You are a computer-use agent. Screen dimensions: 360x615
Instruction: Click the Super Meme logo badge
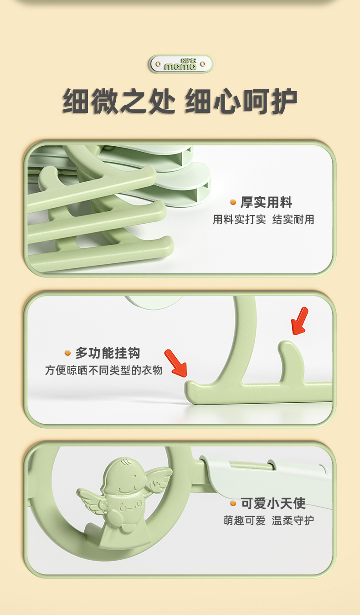click(181, 64)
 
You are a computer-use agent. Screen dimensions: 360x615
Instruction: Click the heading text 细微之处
click(119, 101)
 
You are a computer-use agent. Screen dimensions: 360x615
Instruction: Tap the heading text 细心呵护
click(241, 101)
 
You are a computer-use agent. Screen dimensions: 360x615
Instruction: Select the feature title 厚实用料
click(266, 202)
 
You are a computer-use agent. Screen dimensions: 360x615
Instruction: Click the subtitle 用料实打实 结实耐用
click(263, 220)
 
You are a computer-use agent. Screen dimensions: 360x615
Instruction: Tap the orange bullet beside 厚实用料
click(233, 202)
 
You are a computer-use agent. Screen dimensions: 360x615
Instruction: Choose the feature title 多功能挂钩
click(108, 353)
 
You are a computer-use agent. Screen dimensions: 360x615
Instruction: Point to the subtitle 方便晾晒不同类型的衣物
click(104, 370)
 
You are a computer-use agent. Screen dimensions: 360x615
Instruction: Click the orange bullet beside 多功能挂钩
click(67, 353)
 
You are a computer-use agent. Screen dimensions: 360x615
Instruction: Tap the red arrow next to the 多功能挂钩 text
click(176, 363)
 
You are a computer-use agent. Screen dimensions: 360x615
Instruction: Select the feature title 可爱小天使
click(273, 503)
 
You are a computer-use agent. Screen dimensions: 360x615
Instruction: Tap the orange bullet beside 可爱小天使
click(233, 503)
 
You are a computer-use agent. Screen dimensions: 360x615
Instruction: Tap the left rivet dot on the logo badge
click(158, 64)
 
